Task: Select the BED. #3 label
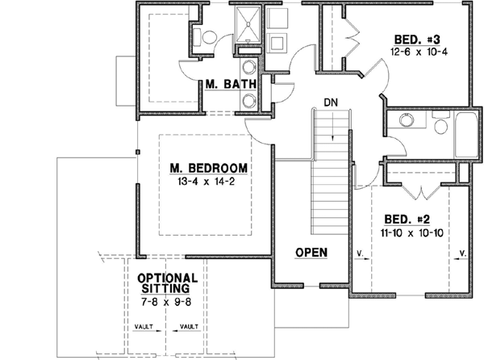click(416, 39)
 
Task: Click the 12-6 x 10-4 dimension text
click(416, 52)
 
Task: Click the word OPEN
click(311, 253)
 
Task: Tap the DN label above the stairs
click(330, 103)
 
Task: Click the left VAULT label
click(145, 327)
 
